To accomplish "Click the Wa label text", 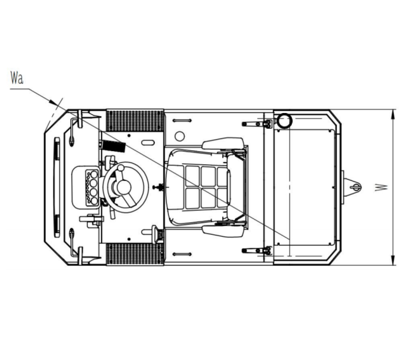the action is pyautogui.click(x=17, y=78).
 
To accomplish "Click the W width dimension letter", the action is pyautogui.click(x=382, y=188).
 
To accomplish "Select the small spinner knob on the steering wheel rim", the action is pyautogui.click(x=121, y=168).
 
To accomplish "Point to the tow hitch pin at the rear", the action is pyautogui.click(x=355, y=187).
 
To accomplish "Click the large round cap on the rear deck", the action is pyautogui.click(x=284, y=121).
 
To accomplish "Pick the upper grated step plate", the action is pyautogui.click(x=135, y=121).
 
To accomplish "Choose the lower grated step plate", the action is pyautogui.click(x=135, y=254).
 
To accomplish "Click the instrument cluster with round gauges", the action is pyautogui.click(x=92, y=187).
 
